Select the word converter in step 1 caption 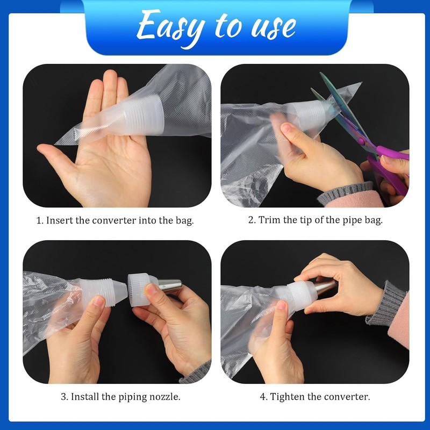click(114, 221)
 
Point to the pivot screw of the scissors click(361, 141)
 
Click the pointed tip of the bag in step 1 click(55, 144)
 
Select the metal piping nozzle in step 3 click(169, 286)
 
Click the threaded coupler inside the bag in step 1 click(140, 115)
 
